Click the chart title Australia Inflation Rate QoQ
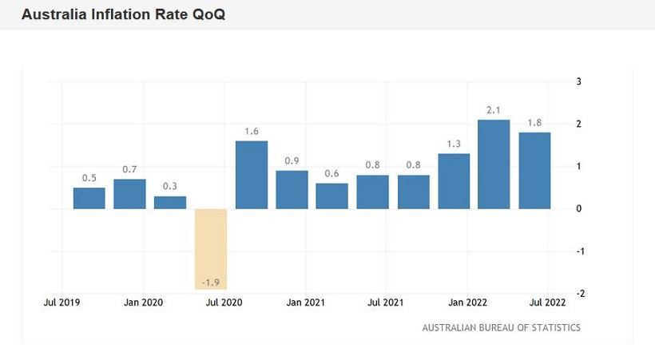pyautogui.click(x=123, y=15)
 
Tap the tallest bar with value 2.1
pyautogui.click(x=494, y=164)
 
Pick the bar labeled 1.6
pyautogui.click(x=252, y=175)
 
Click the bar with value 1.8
pyautogui.click(x=534, y=171)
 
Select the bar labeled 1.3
pyautogui.click(x=454, y=181)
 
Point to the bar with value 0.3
pyautogui.click(x=170, y=203)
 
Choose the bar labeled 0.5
pyautogui.click(x=89, y=198)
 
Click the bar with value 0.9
pyautogui.click(x=292, y=190)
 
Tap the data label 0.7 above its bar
pyautogui.click(x=129, y=169)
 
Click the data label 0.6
pyautogui.click(x=332, y=173)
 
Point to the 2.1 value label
pyautogui.click(x=494, y=109)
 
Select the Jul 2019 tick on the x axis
pyautogui.click(x=61, y=303)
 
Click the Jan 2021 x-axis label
pyautogui.click(x=304, y=303)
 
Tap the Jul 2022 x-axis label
pyautogui.click(x=547, y=303)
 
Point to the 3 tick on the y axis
pyautogui.click(x=578, y=81)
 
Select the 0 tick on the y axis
pyautogui.click(x=578, y=208)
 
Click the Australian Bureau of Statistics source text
pyautogui.click(x=501, y=327)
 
